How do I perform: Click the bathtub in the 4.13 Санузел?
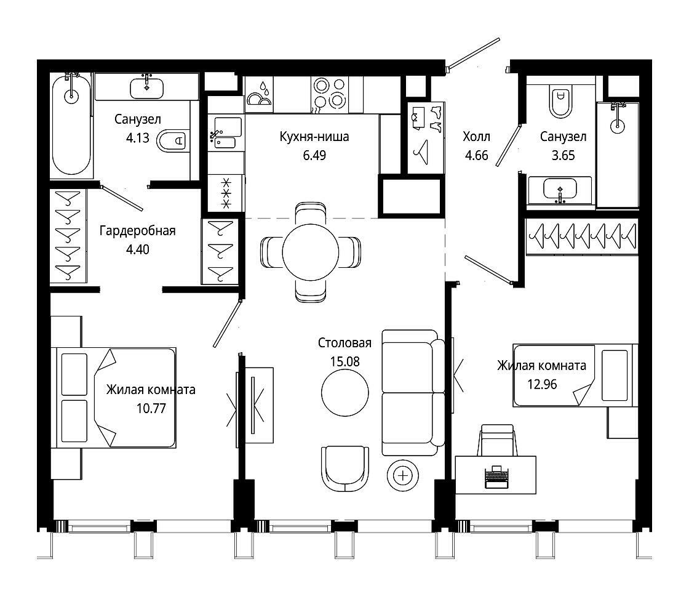[71, 125]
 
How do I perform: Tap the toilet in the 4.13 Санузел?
[172, 141]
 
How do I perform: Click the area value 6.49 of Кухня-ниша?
[314, 155]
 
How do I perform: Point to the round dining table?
[310, 252]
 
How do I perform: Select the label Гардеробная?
[138, 230]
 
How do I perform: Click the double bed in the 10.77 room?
[114, 398]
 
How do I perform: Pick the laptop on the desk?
[496, 477]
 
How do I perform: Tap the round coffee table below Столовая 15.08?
[345, 393]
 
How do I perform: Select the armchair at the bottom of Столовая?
[345, 469]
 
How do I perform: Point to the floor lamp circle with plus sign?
[403, 475]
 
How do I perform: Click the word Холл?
[476, 137]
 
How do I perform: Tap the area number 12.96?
[542, 384]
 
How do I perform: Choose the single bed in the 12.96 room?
[575, 375]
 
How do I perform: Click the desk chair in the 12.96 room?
[498, 440]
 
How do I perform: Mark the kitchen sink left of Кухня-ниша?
[225, 132]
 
